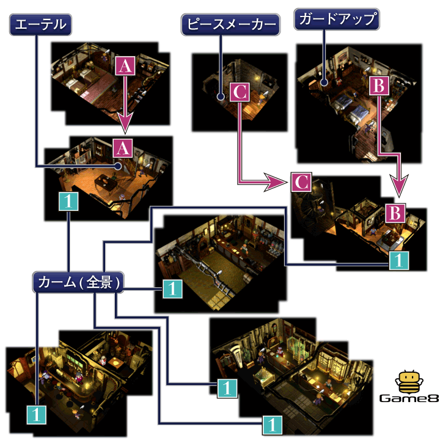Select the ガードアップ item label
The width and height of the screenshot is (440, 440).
point(337,20)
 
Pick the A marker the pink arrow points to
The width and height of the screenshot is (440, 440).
point(123,147)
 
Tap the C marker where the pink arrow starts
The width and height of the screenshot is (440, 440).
point(240,92)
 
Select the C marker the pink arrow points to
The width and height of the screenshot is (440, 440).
point(300,182)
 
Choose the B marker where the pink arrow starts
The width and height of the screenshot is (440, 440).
point(379,87)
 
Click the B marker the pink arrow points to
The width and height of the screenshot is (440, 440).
point(395,213)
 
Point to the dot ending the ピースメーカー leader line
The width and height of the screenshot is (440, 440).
point(220,96)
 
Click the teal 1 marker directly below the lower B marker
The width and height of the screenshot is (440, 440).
point(397,260)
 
